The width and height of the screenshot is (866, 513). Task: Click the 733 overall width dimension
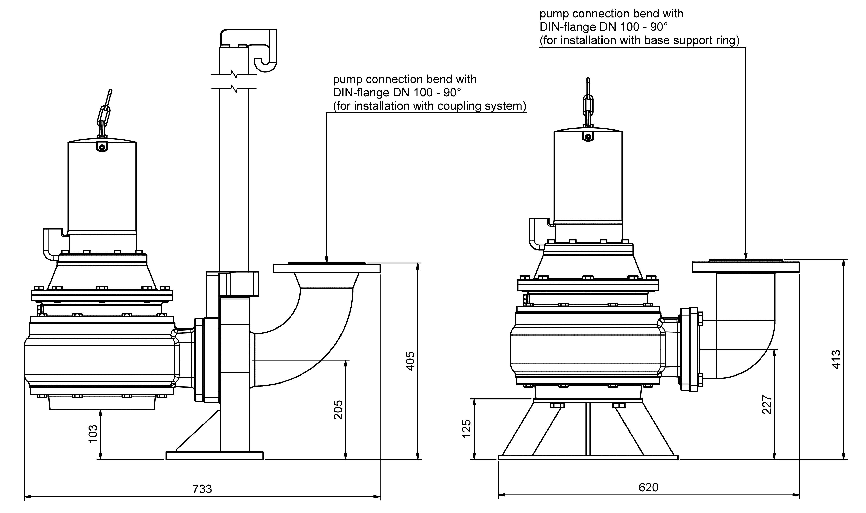[202, 489]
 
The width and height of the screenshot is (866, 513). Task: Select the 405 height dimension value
[410, 361]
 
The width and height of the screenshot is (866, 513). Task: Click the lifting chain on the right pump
[588, 104]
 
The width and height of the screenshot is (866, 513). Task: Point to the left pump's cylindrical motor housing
[102, 187]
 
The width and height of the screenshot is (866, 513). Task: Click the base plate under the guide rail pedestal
[214, 456]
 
